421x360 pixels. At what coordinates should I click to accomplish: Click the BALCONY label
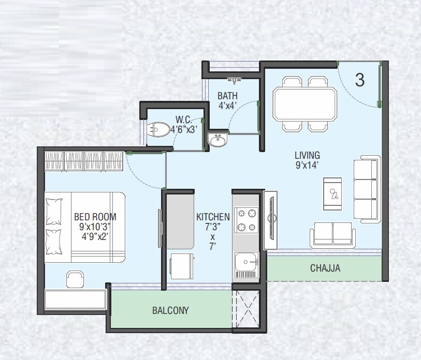pyautogui.click(x=170, y=311)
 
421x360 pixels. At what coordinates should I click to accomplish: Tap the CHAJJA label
pyautogui.click(x=325, y=268)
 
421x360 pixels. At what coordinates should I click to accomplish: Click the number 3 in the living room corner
pyautogui.click(x=359, y=80)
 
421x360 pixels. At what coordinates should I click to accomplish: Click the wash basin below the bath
pyautogui.click(x=217, y=140)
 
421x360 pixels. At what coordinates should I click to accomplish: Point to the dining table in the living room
pyautogui.click(x=305, y=104)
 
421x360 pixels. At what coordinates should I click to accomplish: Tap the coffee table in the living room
pyautogui.click(x=332, y=194)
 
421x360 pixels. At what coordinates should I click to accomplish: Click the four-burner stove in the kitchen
pyautogui.click(x=246, y=220)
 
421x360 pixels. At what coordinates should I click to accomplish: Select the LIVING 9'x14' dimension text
pyautogui.click(x=307, y=160)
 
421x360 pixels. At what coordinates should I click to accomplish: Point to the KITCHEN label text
pyautogui.click(x=213, y=217)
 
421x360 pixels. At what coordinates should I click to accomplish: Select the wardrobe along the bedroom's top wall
pyautogui.click(x=84, y=161)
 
